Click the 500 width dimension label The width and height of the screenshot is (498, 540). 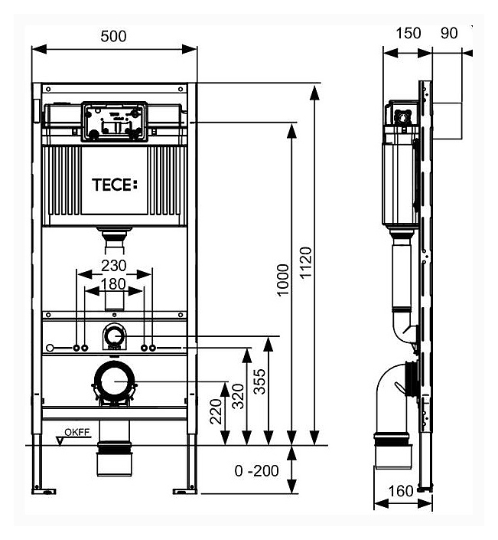point(113,36)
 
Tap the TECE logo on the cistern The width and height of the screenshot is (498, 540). point(115,185)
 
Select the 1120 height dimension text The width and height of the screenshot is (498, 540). point(306,263)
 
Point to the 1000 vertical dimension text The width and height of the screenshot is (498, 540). point(283,280)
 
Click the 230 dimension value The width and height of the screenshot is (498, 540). point(114,266)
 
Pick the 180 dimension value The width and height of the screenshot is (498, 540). point(113,284)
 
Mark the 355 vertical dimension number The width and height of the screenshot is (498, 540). point(260,381)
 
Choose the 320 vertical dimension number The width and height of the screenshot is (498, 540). point(238,396)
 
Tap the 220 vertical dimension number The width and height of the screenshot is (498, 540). point(216,411)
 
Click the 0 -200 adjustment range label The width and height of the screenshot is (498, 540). point(256,471)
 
